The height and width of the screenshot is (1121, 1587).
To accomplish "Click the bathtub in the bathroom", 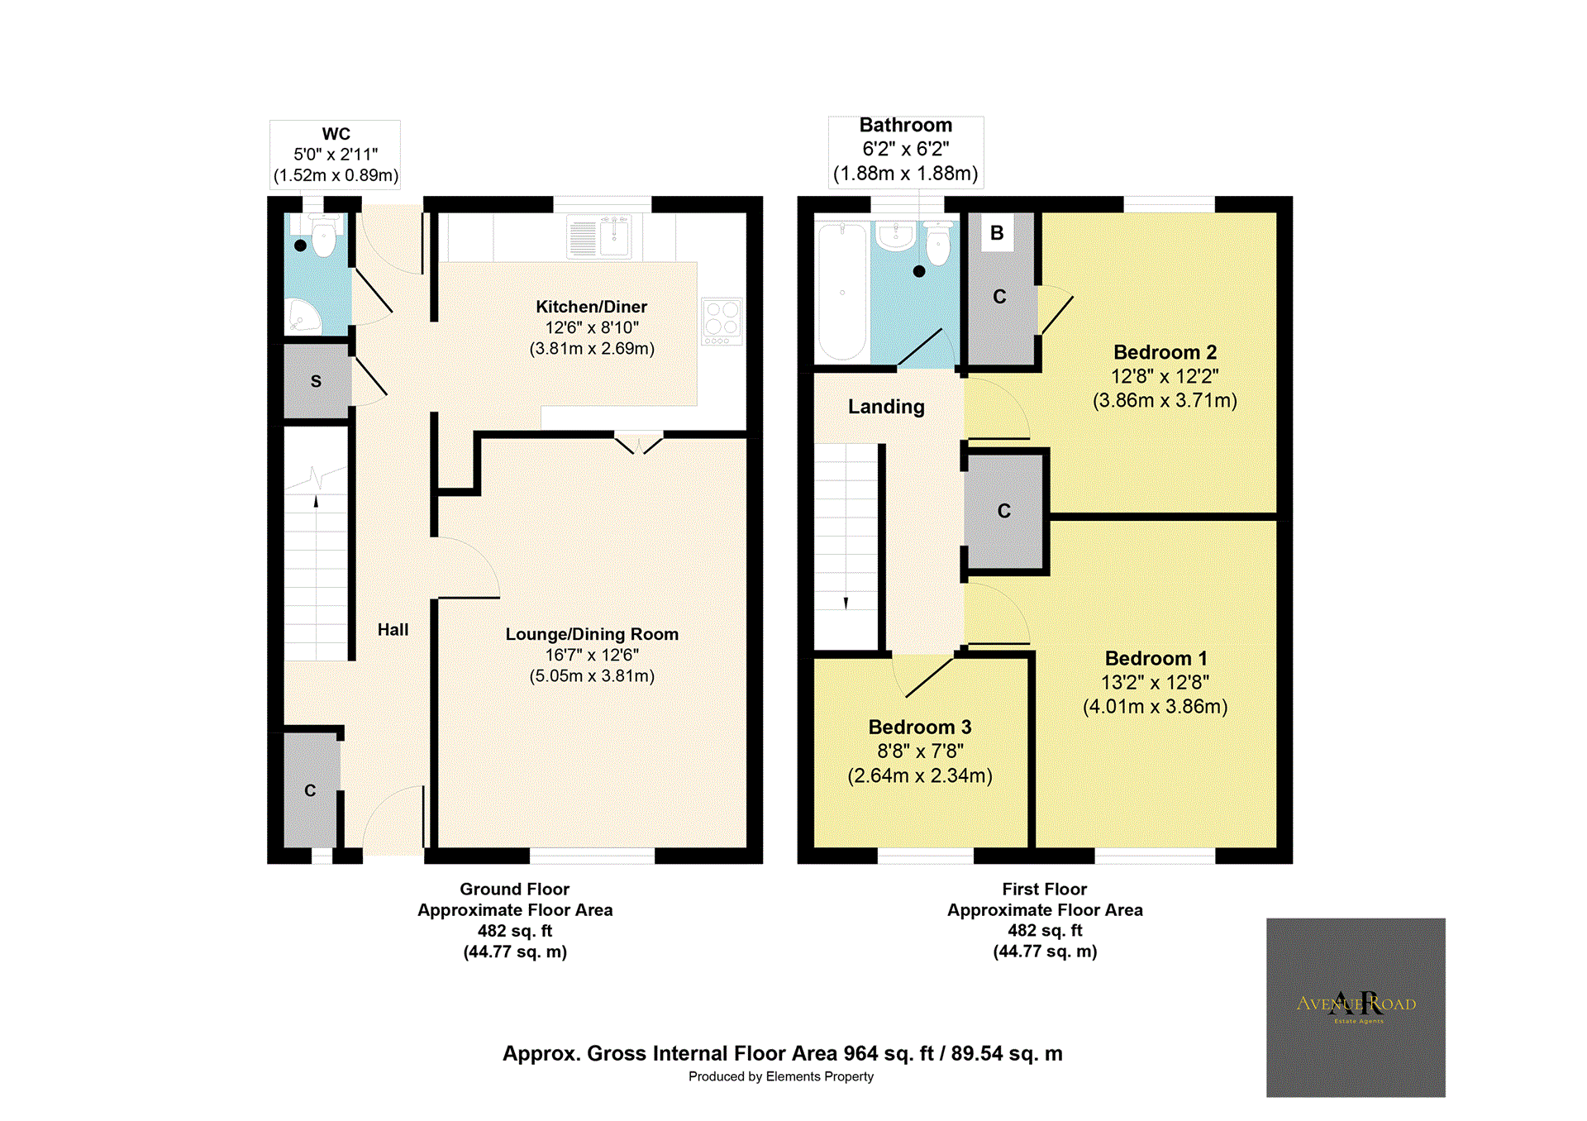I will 842,292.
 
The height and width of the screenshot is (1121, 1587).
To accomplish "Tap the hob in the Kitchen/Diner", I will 722,321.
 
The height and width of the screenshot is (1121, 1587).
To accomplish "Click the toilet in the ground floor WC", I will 324,236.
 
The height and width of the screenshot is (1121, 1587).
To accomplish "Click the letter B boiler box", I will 997,233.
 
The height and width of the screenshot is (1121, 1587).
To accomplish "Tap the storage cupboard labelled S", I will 316,381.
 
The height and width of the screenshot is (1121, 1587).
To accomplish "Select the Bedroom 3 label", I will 919,727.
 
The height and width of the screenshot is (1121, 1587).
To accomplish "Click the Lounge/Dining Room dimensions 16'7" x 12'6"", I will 592,655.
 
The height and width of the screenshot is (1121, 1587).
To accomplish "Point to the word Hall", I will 393,629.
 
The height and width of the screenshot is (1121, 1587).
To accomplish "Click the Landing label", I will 886,407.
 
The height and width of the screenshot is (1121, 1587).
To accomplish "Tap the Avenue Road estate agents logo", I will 1356,1007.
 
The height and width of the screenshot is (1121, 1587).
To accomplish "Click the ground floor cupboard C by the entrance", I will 310,790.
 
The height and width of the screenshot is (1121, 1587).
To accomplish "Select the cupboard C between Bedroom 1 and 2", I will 1003,511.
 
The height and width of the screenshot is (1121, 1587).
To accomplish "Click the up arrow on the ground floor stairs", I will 316,501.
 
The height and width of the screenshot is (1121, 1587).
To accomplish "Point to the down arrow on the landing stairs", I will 846,603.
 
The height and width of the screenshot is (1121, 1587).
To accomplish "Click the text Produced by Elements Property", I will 780,1076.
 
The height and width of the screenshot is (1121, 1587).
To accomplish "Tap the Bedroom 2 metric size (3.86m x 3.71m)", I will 1165,400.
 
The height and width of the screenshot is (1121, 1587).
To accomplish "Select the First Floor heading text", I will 1044,889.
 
